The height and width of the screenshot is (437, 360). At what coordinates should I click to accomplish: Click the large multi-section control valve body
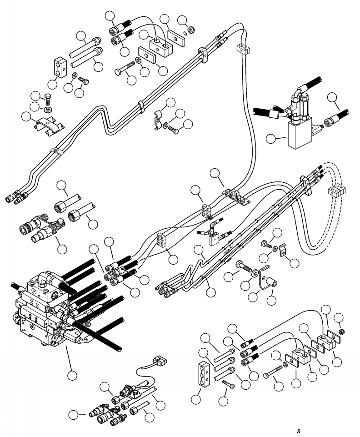click(45, 309)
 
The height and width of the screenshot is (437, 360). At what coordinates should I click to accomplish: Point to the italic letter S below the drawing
click(299, 431)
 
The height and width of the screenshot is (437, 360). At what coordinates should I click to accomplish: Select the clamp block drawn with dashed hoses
click(336, 191)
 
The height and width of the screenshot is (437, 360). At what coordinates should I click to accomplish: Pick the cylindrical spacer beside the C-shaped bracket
click(272, 283)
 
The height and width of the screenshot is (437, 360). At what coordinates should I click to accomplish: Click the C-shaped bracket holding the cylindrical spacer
click(264, 277)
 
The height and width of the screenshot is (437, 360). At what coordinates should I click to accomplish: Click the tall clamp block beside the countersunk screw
click(205, 375)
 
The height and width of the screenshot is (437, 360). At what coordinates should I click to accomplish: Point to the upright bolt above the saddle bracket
click(47, 100)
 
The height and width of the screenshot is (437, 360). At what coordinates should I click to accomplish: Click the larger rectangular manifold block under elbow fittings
click(300, 133)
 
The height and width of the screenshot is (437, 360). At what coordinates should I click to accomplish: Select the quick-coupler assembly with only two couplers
click(42, 226)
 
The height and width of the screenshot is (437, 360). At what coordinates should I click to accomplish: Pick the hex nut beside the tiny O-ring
click(191, 30)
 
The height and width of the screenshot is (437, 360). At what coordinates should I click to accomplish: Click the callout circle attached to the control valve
click(72, 376)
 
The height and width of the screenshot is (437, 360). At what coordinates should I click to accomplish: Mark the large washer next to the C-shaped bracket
click(255, 273)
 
